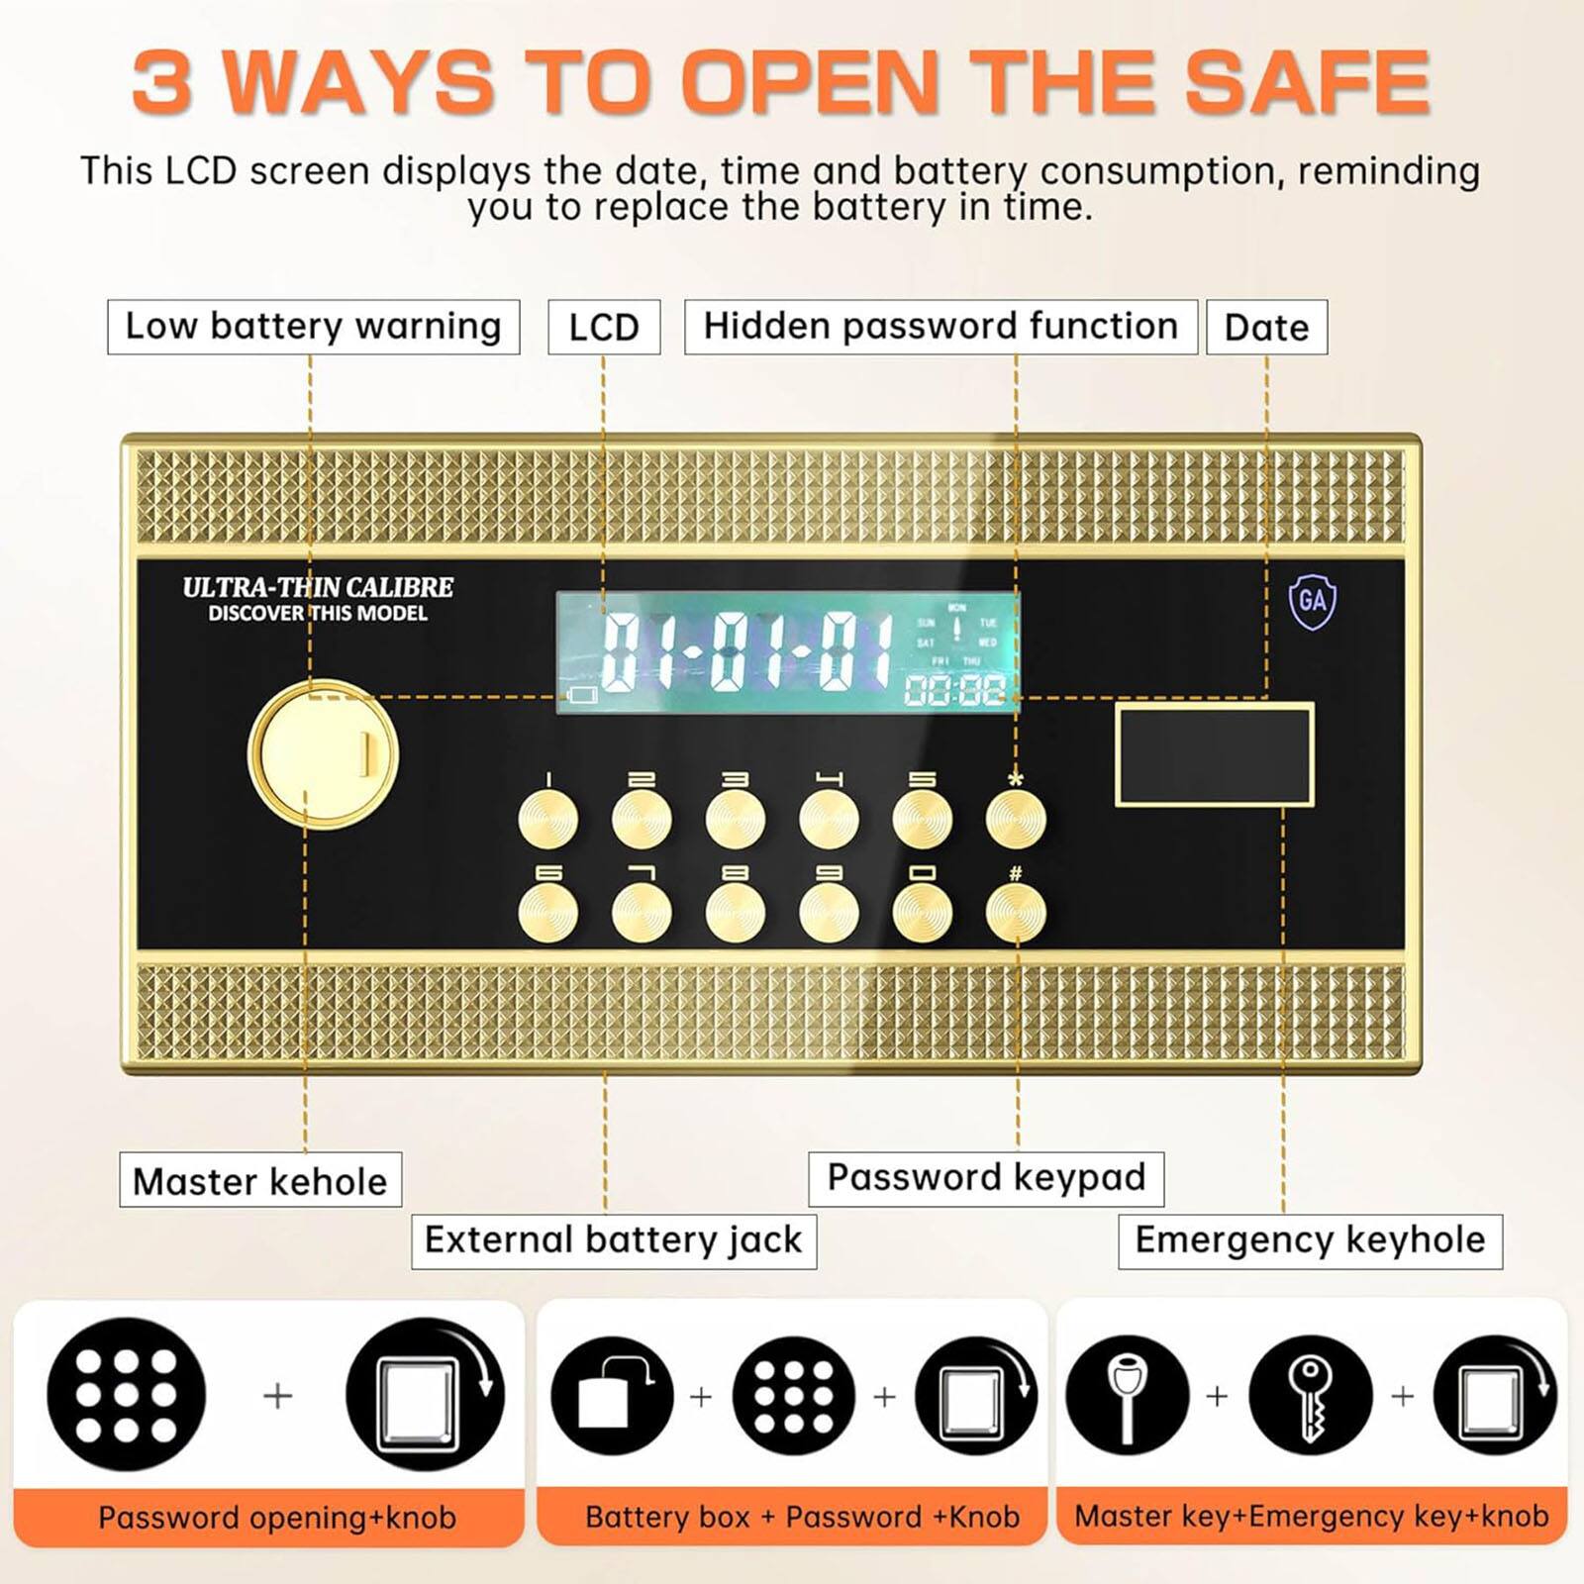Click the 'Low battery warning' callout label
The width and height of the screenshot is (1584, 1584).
pyautogui.click(x=313, y=327)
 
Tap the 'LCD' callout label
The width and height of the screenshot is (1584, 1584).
pyautogui.click(x=604, y=328)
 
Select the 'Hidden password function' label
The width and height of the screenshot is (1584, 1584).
pyautogui.click(x=940, y=327)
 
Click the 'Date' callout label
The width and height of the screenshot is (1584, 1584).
pyautogui.click(x=1266, y=328)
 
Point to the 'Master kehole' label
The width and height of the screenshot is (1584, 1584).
pyautogui.click(x=260, y=1180)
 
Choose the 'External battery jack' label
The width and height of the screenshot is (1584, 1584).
pyautogui.click(x=614, y=1240)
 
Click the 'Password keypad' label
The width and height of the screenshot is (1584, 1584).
pyautogui.click(x=986, y=1178)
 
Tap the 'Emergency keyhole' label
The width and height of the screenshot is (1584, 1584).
pyautogui.click(x=1310, y=1240)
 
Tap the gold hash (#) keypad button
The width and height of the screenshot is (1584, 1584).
pyautogui.click(x=1016, y=913)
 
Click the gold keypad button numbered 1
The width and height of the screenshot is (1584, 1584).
pyautogui.click(x=548, y=820)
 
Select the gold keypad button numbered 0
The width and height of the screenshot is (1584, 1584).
pyautogui.click(x=923, y=913)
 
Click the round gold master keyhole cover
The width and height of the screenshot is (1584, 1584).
pyautogui.click(x=323, y=754)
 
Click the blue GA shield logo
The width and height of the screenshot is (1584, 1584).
pyautogui.click(x=1312, y=600)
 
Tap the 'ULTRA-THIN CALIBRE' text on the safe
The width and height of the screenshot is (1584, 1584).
pyautogui.click(x=318, y=587)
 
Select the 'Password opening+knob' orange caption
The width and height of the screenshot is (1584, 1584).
pyautogui.click(x=276, y=1518)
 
